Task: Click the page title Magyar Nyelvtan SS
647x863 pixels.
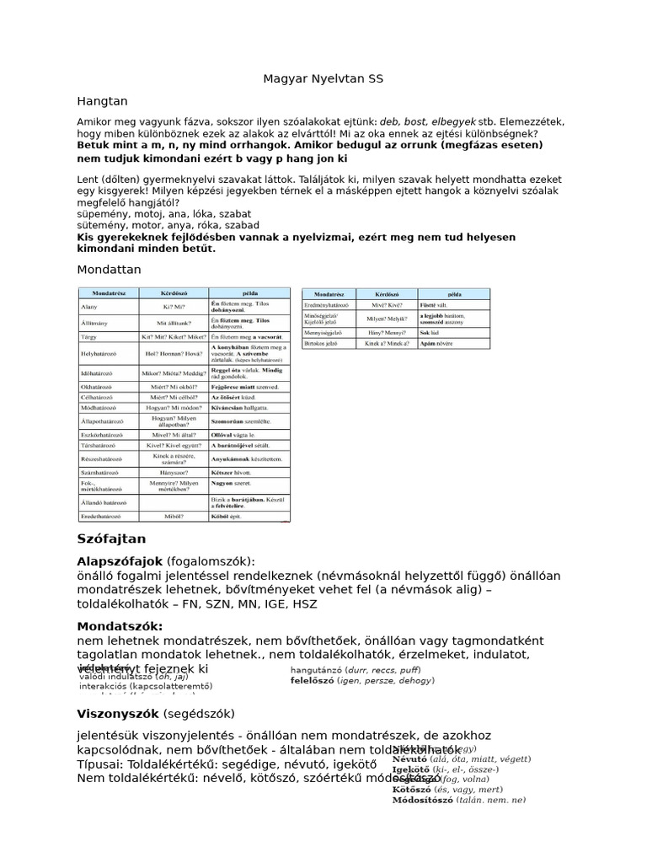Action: (x=323, y=78)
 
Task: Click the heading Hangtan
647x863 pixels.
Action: (x=102, y=100)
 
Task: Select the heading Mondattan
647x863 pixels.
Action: (x=109, y=269)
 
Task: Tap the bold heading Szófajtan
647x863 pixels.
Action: (x=111, y=538)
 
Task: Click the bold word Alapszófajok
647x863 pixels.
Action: (x=120, y=560)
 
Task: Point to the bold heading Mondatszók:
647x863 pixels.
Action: (x=120, y=626)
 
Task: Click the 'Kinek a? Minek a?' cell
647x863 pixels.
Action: (x=387, y=344)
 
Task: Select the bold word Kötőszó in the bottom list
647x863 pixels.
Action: (x=411, y=790)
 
